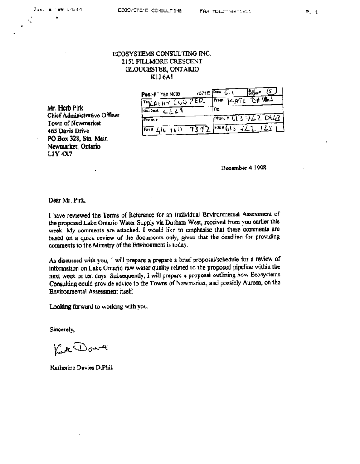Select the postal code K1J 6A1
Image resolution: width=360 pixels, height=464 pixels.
[161, 77]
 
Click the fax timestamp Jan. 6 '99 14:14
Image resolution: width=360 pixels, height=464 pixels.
[54, 10]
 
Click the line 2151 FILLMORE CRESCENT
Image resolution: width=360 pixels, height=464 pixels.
[161, 62]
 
